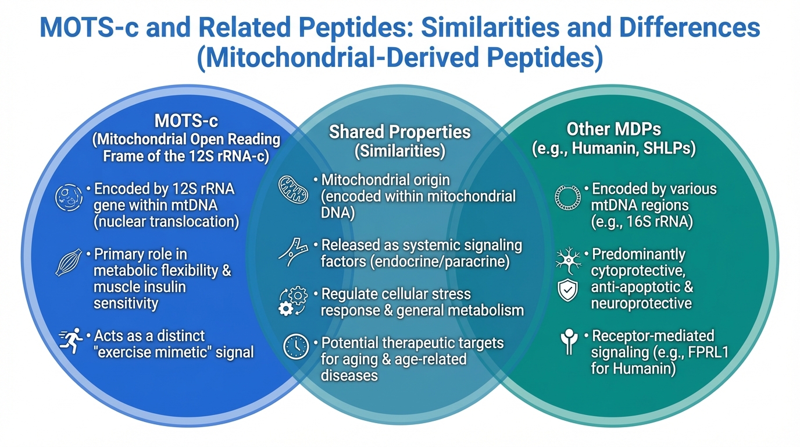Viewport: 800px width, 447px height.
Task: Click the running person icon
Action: click(71, 340)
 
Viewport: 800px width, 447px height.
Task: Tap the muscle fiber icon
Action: click(69, 262)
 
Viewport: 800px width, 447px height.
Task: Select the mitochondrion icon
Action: click(293, 190)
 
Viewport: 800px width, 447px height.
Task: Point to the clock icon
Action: click(296, 346)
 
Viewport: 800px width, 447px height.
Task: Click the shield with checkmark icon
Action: click(567, 290)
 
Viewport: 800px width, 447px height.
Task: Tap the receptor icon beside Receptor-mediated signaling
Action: click(569, 342)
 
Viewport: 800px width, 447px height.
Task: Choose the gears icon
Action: click(293, 301)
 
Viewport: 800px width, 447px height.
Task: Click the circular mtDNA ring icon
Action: click(568, 197)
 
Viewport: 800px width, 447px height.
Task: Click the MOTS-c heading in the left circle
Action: click(186, 121)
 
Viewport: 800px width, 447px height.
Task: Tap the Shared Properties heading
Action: click(399, 132)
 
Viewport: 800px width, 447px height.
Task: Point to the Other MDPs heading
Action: click(613, 129)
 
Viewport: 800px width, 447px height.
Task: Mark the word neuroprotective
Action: click(641, 304)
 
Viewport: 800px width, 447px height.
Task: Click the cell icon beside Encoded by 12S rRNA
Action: click(69, 197)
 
